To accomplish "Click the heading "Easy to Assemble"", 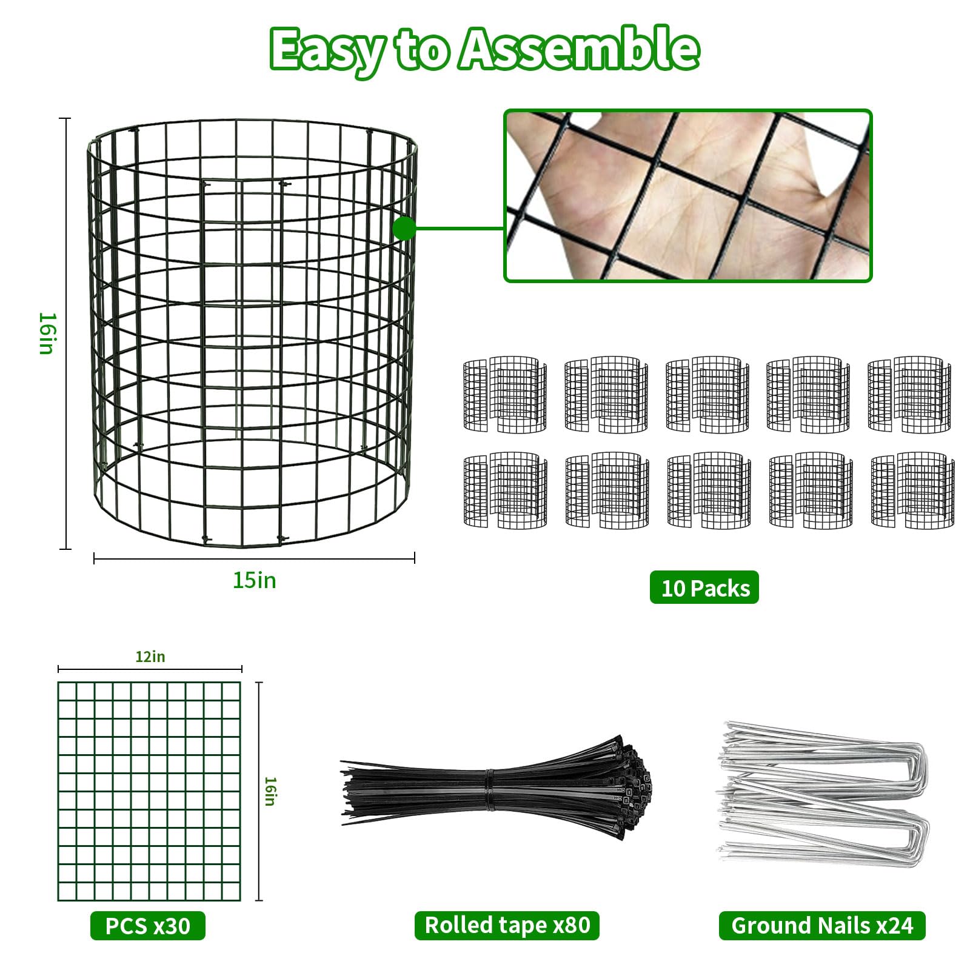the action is click(x=484, y=50).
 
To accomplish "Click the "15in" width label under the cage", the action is click(x=255, y=580).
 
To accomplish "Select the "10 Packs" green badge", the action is click(x=704, y=587).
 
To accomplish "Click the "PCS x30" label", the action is click(x=148, y=926).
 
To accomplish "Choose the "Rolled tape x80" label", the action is click(x=507, y=925).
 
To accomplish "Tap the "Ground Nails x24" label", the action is click(x=822, y=926).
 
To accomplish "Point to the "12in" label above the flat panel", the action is click(x=150, y=657).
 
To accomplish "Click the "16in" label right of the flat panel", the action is click(x=270, y=791).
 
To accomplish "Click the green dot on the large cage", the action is click(x=404, y=229).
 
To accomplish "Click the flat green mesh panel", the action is click(x=149, y=791).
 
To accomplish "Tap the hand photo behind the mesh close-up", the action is click(x=687, y=196).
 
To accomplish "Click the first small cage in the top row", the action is click(x=505, y=395).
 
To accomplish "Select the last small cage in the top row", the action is click(x=909, y=395).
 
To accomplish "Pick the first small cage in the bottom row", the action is click(x=505, y=490).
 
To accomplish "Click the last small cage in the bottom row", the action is click(x=912, y=490).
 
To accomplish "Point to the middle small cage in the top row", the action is click(x=707, y=395).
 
